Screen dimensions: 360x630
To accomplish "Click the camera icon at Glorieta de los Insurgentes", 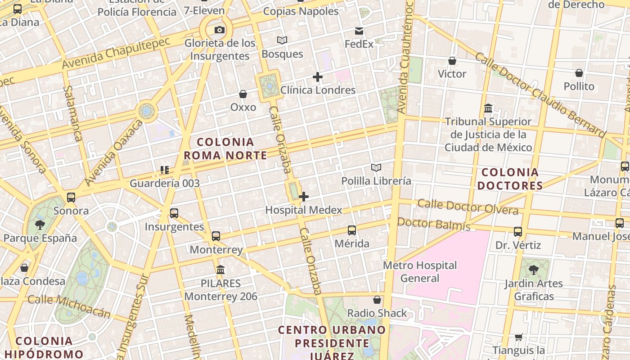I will (x=220, y=30).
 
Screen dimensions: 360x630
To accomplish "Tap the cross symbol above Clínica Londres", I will (x=318, y=77).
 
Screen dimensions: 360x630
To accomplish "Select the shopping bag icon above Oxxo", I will (x=243, y=94).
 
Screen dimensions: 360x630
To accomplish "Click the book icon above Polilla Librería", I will (x=376, y=168).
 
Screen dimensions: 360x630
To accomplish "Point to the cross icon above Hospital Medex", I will (x=304, y=197).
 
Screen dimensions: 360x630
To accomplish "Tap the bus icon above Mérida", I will (x=352, y=230).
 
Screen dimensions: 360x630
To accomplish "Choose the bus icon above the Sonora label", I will (x=71, y=198).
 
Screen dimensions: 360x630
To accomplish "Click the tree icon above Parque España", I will (x=40, y=224).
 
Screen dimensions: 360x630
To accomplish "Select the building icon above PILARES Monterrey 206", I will (x=220, y=270).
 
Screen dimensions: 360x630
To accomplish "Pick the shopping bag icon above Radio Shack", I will (x=377, y=300).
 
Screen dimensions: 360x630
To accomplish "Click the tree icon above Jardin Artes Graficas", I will (x=534, y=270).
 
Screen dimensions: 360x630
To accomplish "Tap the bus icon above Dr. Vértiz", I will (x=518, y=232).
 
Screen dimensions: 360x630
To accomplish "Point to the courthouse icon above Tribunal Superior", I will (x=488, y=108).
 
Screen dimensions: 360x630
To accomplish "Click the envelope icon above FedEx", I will (x=359, y=31).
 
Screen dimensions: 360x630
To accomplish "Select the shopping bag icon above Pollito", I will (x=579, y=73).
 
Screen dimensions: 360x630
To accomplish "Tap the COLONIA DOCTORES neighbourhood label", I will (x=510, y=179).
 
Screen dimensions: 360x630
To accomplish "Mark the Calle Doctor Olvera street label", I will (x=468, y=207).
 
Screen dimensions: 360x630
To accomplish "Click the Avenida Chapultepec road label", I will (x=116, y=53).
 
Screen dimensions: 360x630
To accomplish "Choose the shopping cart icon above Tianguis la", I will (x=519, y=337).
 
